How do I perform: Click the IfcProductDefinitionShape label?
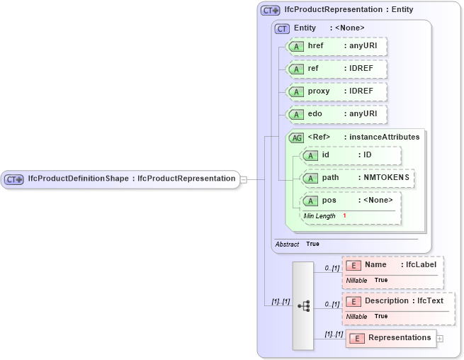click(78, 179)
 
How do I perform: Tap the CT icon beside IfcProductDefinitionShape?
click(14, 179)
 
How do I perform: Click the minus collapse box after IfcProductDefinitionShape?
click(244, 179)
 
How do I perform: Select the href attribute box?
click(336, 46)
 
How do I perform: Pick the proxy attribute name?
click(319, 91)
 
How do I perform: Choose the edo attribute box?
click(336, 114)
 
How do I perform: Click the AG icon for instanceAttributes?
click(297, 137)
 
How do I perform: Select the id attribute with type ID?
click(351, 155)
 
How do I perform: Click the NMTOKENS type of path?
click(386, 178)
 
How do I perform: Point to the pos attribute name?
click(329, 201)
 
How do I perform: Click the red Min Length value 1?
click(344, 215)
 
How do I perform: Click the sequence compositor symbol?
click(303, 305)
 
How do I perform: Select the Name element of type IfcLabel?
click(392, 265)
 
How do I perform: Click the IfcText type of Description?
click(430, 300)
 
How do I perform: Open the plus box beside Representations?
click(440, 338)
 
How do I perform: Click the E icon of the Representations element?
click(358, 338)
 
